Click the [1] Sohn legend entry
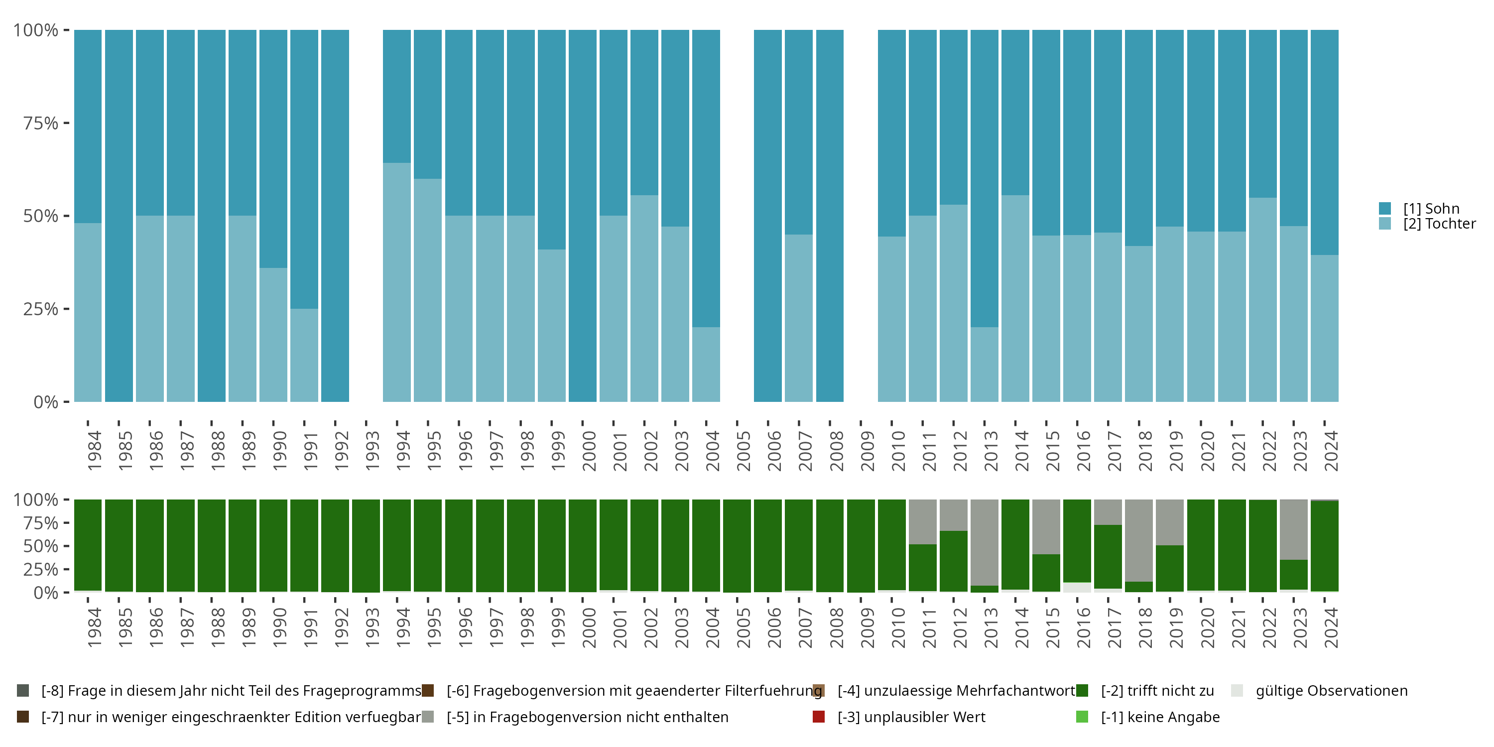click(x=1430, y=208)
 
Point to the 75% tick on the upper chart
click(x=41, y=123)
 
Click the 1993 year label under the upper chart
click(x=372, y=451)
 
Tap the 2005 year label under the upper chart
click(x=743, y=451)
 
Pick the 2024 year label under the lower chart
click(x=1331, y=627)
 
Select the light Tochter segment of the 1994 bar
click(x=397, y=282)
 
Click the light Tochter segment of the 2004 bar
click(x=706, y=364)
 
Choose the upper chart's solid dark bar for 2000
click(x=582, y=216)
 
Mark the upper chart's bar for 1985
click(x=119, y=216)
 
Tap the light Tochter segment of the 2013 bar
click(x=984, y=364)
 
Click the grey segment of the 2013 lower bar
click(x=984, y=542)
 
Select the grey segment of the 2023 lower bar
click(x=1293, y=529)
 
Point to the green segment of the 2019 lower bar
click(x=1170, y=568)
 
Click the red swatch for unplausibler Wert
click(x=819, y=717)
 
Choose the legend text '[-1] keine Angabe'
click(x=1160, y=717)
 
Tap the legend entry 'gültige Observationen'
click(x=1331, y=691)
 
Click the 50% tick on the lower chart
click(x=41, y=546)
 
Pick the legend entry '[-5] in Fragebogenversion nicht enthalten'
click(x=587, y=717)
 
